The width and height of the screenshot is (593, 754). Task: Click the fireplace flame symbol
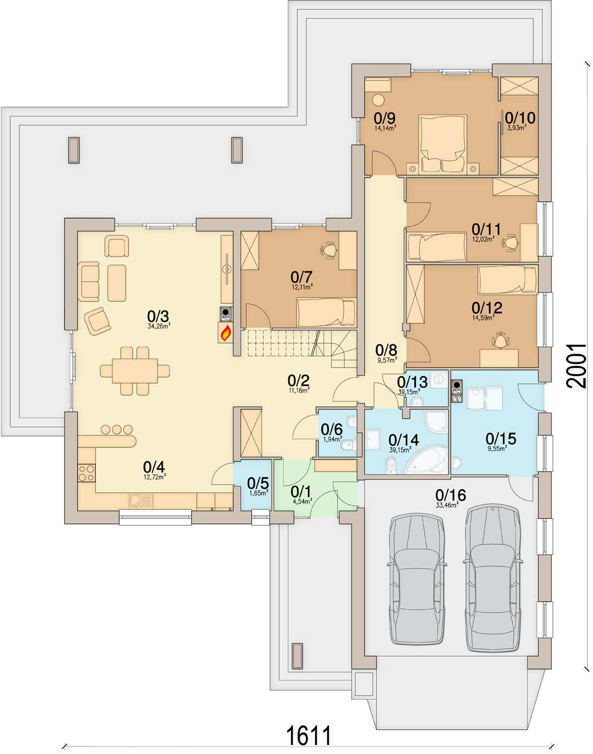click(x=226, y=333)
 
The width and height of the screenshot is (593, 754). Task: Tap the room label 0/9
click(x=385, y=118)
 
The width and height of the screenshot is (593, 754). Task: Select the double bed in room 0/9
click(x=443, y=144)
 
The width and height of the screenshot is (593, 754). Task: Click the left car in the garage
click(x=417, y=578)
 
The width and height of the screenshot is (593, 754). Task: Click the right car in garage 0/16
click(x=492, y=577)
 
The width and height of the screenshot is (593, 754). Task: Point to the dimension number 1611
click(x=308, y=736)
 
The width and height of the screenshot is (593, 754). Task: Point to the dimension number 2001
click(x=577, y=366)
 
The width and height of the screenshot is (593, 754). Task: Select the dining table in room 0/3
click(x=135, y=371)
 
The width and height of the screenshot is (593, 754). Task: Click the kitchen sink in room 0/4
click(x=141, y=500)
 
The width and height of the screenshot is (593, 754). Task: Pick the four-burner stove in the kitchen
click(x=87, y=473)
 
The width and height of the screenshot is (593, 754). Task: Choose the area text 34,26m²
click(x=159, y=327)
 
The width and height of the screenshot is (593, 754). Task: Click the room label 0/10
click(x=520, y=118)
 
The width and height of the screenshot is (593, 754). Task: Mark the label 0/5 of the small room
click(x=258, y=483)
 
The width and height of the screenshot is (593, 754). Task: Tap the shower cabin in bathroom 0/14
click(x=436, y=422)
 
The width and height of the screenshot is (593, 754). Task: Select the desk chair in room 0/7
click(x=329, y=250)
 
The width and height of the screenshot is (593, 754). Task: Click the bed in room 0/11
click(x=437, y=247)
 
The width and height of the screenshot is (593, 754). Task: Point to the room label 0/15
click(x=500, y=438)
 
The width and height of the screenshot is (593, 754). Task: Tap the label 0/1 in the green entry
click(x=301, y=491)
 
